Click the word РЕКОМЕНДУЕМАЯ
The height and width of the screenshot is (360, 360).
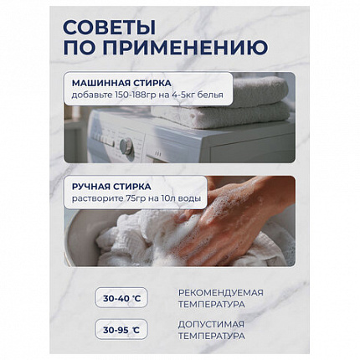(220, 292)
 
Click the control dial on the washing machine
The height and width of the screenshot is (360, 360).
(126, 146)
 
